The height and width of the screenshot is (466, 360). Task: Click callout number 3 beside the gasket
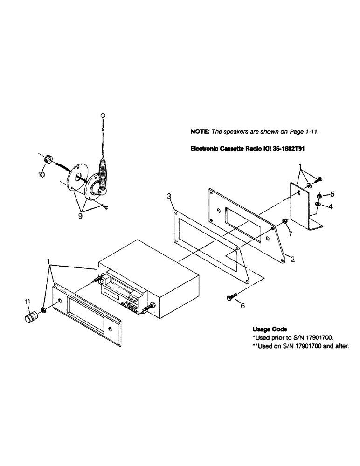[169, 198]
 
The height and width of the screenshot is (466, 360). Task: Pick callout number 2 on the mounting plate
[292, 259]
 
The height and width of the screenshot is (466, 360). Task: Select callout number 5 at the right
[332, 193]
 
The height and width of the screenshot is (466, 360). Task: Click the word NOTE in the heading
[200, 132]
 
